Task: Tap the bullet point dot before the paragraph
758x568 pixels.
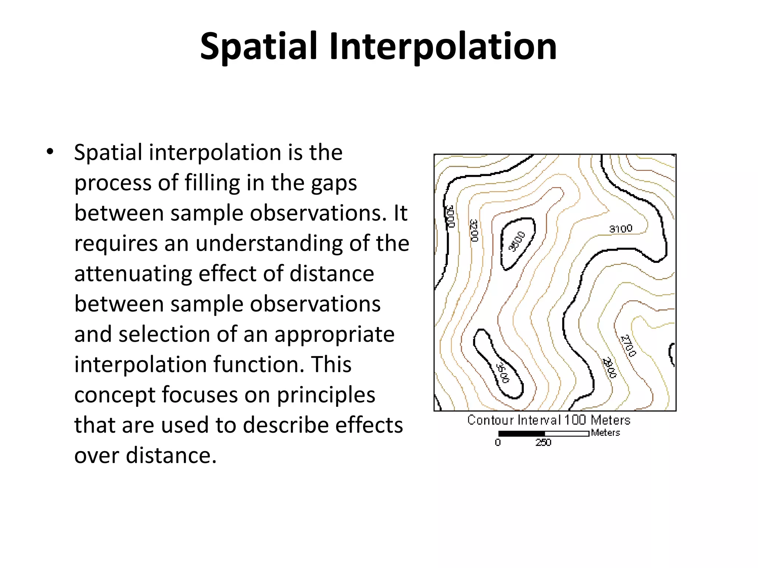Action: tap(50, 152)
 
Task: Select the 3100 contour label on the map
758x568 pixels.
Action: tap(621, 229)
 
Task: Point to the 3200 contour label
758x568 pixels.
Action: tap(474, 230)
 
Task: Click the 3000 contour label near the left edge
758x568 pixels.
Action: tap(449, 217)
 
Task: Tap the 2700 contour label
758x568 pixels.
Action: tap(628, 345)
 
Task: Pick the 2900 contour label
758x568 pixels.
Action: tap(610, 367)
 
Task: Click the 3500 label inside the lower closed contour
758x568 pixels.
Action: tap(503, 373)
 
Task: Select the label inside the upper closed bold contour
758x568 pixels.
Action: tap(517, 241)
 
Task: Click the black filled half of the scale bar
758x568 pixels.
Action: tap(521, 433)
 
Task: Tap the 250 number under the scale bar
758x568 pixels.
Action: tap(543, 443)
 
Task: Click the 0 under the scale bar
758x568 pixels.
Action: tap(498, 443)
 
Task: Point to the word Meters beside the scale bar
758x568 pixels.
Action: tap(605, 433)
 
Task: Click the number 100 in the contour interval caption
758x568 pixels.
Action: tap(575, 420)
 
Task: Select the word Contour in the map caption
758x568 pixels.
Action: tap(490, 420)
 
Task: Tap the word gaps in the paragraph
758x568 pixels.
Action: tap(334, 183)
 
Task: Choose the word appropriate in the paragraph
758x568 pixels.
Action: tap(334, 335)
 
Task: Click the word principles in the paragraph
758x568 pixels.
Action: tap(326, 395)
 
